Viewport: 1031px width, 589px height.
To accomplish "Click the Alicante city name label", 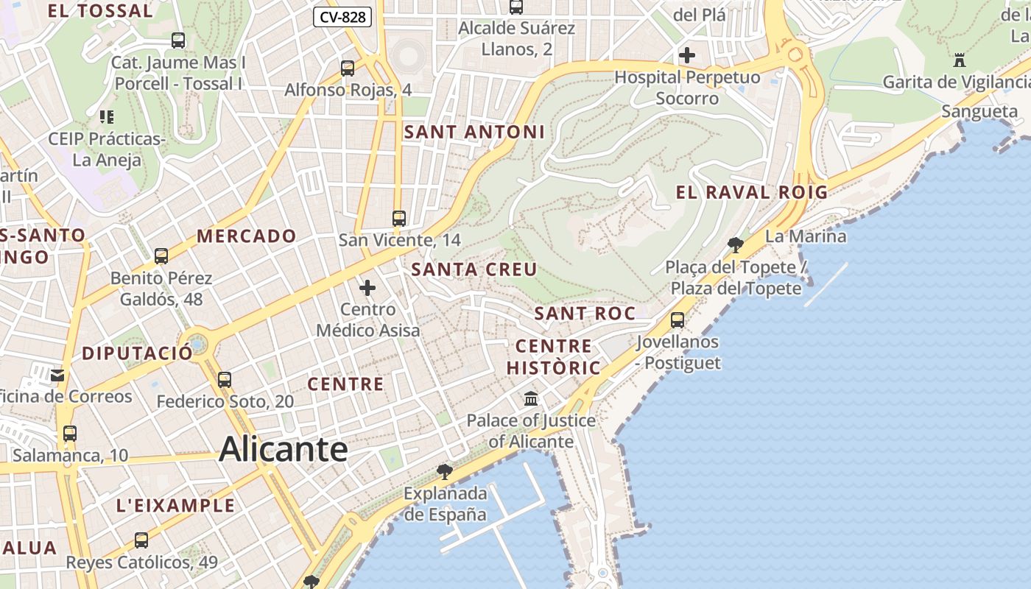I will pos(283,448).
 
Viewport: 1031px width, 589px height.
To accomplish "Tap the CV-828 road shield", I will pos(342,17).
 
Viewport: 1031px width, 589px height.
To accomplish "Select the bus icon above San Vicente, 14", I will pos(399,219).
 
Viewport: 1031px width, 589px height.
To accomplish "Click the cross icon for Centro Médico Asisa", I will pos(367,287).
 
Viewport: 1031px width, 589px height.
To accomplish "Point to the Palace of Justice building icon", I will pos(530,398).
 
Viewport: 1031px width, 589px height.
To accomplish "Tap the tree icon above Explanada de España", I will pos(444,470).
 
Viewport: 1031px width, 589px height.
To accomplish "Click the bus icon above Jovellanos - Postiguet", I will pos(677,320).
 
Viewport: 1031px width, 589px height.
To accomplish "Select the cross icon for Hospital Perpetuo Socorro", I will pos(687,55).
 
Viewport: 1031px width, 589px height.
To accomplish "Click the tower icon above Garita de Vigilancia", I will pos(959,60).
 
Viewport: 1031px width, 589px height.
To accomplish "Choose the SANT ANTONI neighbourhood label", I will pos(474,133).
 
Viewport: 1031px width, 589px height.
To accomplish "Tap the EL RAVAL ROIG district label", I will pos(752,193).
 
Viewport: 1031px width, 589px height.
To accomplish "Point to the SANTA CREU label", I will pos(474,269).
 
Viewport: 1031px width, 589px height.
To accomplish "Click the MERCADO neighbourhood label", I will pos(247,236).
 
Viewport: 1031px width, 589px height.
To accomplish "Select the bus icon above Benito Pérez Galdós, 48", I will pos(161,256).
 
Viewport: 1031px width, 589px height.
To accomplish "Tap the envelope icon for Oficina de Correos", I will pos(57,375).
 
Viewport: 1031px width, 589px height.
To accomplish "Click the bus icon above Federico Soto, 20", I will pos(225,380).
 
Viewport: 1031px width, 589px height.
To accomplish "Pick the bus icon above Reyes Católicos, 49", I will pos(141,540).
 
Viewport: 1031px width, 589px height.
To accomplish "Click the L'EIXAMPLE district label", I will pos(176,506).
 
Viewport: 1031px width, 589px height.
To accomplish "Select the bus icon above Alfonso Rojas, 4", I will pos(348,68).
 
